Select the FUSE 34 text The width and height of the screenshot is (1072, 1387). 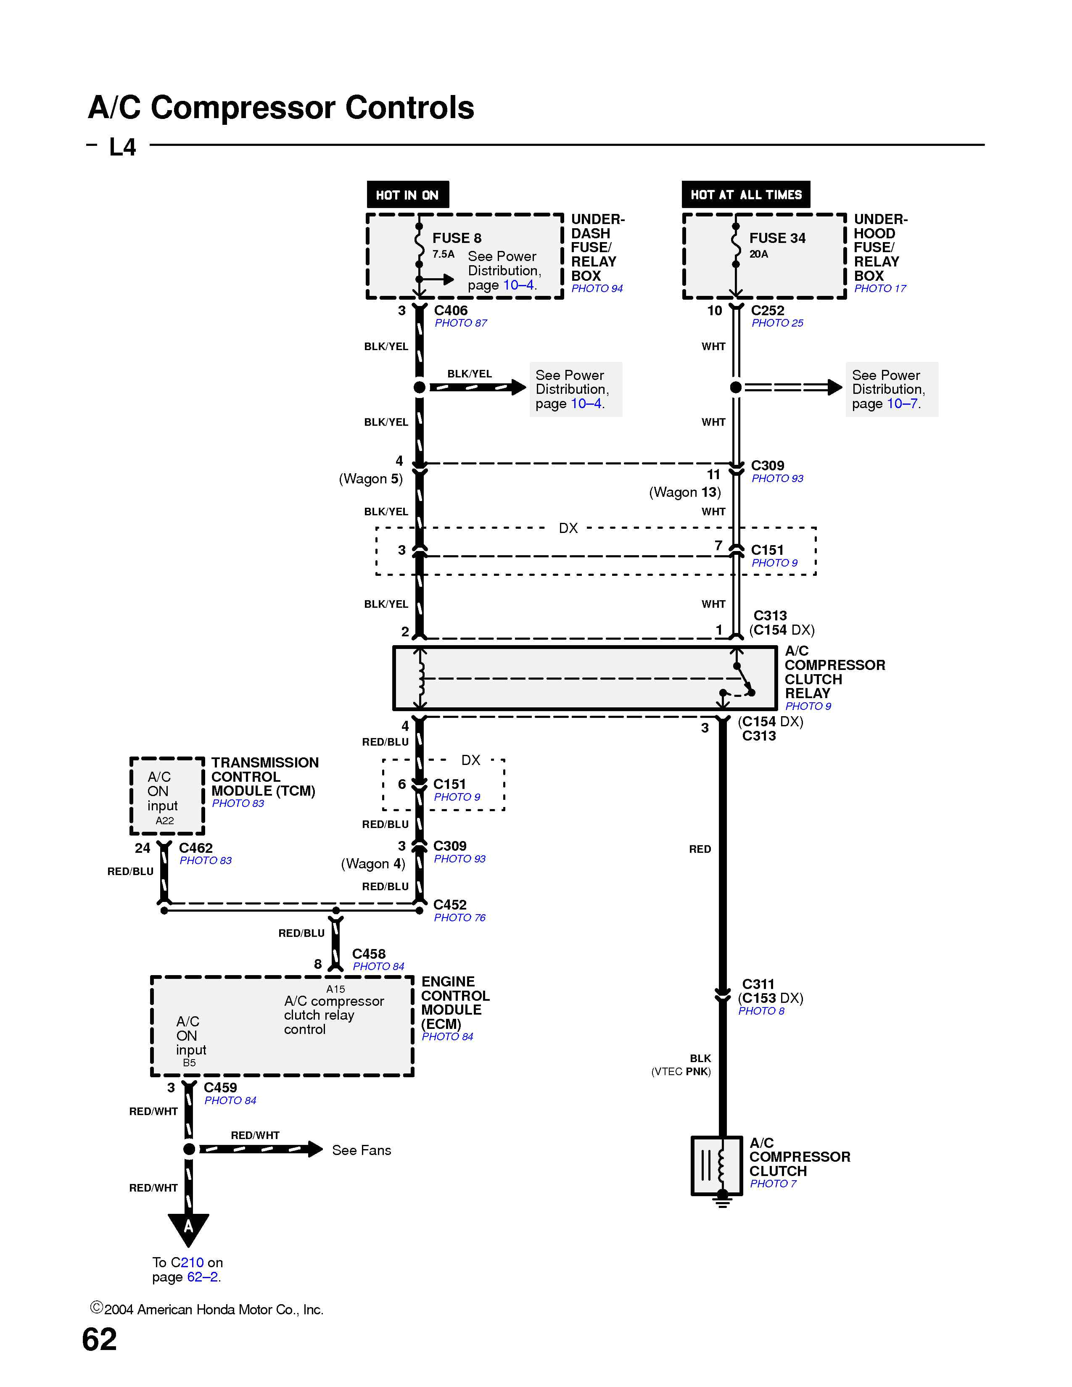(x=777, y=238)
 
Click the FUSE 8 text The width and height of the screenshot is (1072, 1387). (x=457, y=238)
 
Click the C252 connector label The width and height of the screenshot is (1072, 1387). (x=767, y=311)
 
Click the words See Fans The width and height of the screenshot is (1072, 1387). (x=362, y=1150)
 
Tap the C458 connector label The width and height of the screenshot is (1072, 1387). (x=368, y=954)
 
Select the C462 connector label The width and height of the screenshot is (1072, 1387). (x=195, y=848)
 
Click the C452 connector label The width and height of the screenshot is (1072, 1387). (x=450, y=904)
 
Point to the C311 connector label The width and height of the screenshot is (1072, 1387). (x=758, y=984)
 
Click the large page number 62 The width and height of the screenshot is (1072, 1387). (x=100, y=1340)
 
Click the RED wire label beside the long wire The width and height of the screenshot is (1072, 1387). (x=700, y=849)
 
